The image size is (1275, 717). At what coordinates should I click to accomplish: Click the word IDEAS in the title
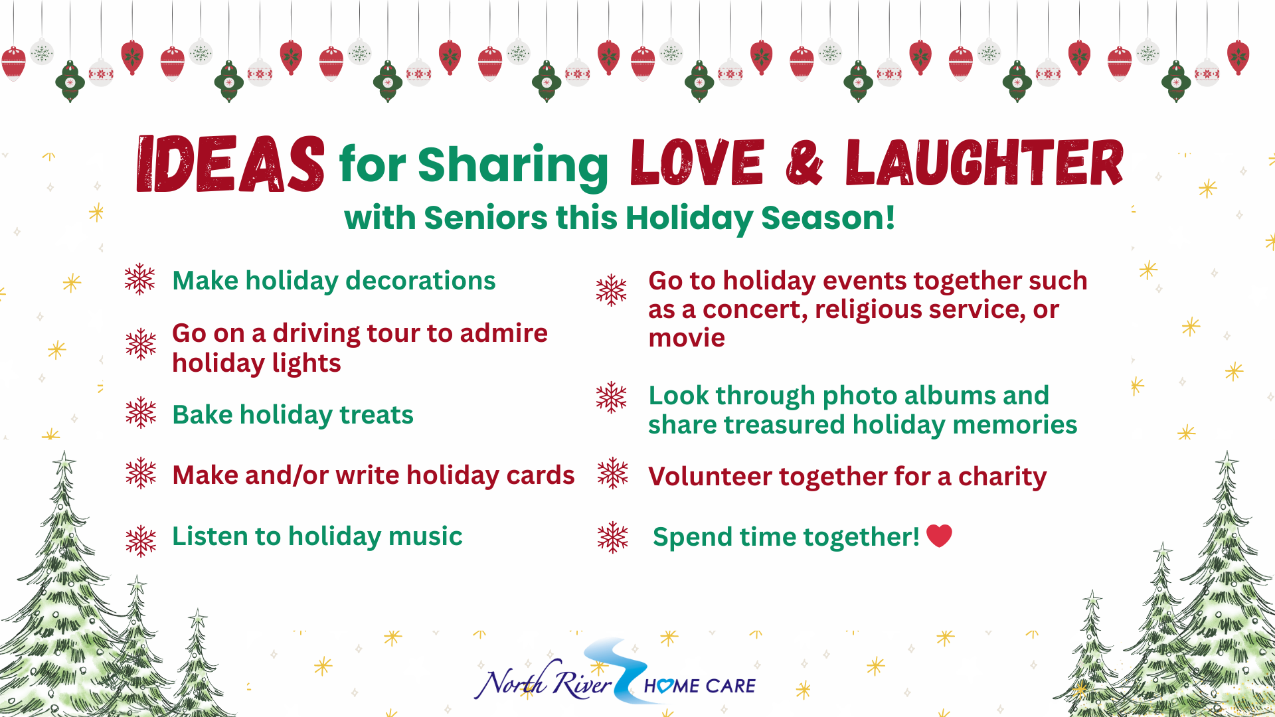pyautogui.click(x=230, y=165)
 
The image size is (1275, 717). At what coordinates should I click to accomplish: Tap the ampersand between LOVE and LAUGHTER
pyautogui.click(x=804, y=163)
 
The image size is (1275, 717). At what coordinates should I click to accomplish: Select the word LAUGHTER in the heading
pyautogui.click(x=984, y=163)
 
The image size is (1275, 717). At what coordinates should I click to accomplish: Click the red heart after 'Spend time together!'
pyautogui.click(x=939, y=535)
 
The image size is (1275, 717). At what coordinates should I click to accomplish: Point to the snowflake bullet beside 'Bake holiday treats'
pyautogui.click(x=141, y=413)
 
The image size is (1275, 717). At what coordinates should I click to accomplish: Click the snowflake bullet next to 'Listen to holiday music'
pyautogui.click(x=141, y=541)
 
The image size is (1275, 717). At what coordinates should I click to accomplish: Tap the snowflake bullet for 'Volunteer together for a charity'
pyautogui.click(x=612, y=473)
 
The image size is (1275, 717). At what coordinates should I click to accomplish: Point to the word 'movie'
pyautogui.click(x=687, y=338)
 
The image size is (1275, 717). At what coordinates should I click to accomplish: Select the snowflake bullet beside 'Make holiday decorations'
pyautogui.click(x=139, y=279)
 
